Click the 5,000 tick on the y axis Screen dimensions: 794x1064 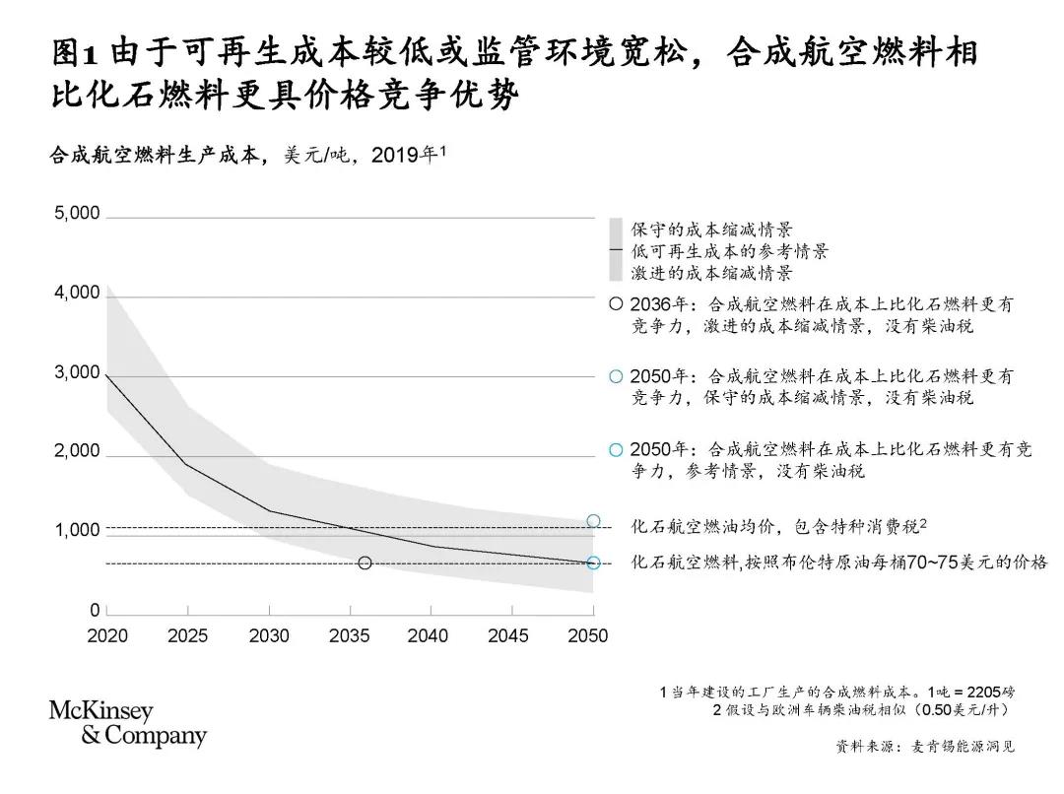point(77,214)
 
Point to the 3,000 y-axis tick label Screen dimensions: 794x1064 point(77,372)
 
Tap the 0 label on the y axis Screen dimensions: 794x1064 point(95,611)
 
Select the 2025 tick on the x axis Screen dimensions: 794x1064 point(188,636)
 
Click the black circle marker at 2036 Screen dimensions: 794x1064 point(366,563)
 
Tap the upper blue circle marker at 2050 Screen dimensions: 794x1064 point(593,521)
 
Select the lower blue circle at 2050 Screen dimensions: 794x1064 point(593,563)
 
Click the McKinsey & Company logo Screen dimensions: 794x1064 point(128,724)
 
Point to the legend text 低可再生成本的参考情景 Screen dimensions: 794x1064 point(729,251)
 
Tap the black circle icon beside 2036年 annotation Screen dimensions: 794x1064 point(616,304)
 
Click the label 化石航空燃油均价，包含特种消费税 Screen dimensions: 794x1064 point(778,526)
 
